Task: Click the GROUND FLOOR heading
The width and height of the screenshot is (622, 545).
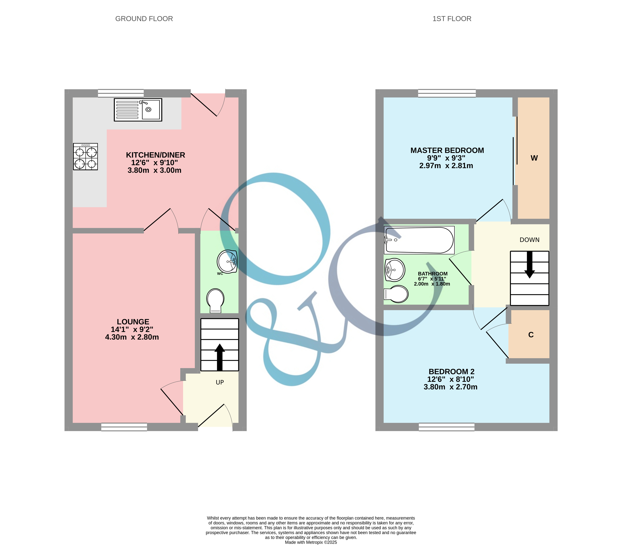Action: [x=144, y=19]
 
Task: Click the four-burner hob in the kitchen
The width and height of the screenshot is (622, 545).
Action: [x=85, y=157]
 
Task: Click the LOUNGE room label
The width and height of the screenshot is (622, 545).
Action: [x=133, y=322]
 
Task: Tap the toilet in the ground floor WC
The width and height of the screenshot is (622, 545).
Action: [x=215, y=300]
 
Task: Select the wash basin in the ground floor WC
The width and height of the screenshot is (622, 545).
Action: [x=227, y=261]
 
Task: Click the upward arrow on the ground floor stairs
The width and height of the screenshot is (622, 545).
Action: [x=220, y=357]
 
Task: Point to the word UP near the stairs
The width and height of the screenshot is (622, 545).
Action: [x=220, y=382]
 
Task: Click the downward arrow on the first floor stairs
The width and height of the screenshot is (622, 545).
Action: [x=529, y=264]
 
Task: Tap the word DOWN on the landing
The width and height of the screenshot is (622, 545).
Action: [x=529, y=240]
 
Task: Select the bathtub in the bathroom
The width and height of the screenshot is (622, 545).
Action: [x=419, y=240]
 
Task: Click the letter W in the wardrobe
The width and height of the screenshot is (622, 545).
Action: [x=534, y=158]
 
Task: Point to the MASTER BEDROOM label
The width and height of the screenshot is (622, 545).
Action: [x=447, y=150]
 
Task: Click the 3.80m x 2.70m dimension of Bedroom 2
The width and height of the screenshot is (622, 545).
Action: [x=450, y=387]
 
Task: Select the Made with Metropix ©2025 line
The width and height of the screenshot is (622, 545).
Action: [x=311, y=542]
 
